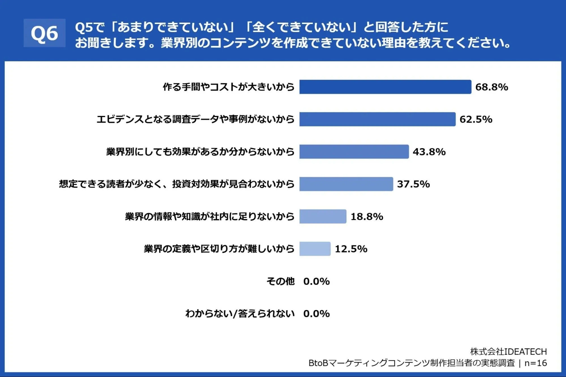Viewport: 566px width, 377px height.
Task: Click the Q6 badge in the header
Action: tap(44, 33)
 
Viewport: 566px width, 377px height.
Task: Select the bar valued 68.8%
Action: tap(385, 87)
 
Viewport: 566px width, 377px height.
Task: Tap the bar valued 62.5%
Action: tap(377, 119)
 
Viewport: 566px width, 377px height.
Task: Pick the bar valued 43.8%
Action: tap(354, 152)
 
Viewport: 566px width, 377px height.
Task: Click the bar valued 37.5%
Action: tap(346, 184)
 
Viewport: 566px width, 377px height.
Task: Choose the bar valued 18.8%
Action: tap(323, 216)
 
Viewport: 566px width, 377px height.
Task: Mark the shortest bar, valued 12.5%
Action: tap(315, 249)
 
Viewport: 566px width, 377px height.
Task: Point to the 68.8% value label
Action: tap(492, 87)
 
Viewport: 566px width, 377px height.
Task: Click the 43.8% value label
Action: tap(429, 152)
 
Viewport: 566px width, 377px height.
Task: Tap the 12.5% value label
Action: tap(351, 249)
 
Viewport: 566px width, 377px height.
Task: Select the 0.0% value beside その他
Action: tap(316, 281)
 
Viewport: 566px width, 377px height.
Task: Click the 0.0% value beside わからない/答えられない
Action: tap(316, 314)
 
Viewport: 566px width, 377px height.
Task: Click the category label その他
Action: tap(281, 281)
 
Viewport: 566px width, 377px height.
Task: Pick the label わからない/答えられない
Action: tap(240, 314)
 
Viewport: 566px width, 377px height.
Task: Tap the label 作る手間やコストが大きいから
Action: tap(229, 87)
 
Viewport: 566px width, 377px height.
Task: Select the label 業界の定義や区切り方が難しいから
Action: tap(219, 249)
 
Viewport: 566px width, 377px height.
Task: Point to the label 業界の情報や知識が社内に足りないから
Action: tap(210, 216)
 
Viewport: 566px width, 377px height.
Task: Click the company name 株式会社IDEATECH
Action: tap(509, 352)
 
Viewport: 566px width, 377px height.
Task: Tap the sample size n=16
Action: tap(536, 363)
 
